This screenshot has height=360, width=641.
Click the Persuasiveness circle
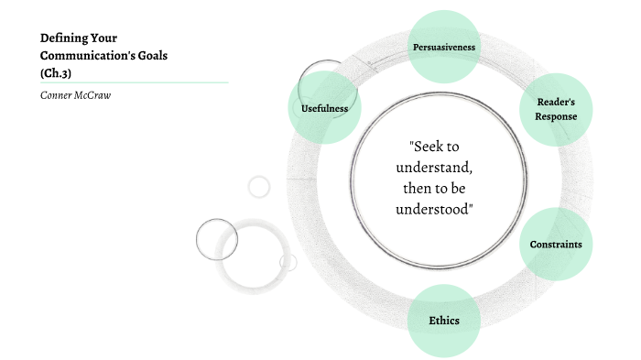pos(443,46)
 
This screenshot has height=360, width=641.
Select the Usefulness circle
pos(324,109)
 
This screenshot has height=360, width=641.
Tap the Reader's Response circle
pos(556,111)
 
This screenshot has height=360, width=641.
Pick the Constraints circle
pos(556,245)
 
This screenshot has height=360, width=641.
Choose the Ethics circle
pos(443,320)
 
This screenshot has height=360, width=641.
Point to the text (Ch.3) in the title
pos(56,72)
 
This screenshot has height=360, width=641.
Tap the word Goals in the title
pos(152,55)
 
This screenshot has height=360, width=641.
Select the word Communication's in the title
pos(87,55)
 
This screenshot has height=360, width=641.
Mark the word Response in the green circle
pos(556,118)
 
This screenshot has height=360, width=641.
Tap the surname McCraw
pos(93,96)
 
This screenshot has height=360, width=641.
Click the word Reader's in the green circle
pos(556,104)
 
